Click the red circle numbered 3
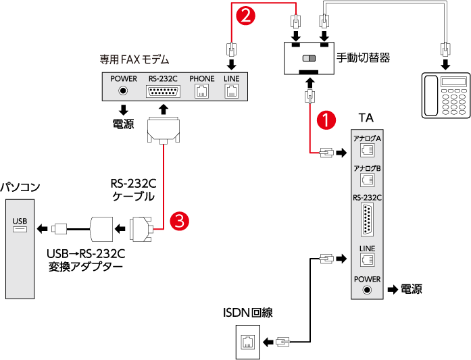click(178, 220)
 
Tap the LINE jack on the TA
click(367, 258)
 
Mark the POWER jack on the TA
click(367, 290)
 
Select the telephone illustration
click(445, 96)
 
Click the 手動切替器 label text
click(367, 58)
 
